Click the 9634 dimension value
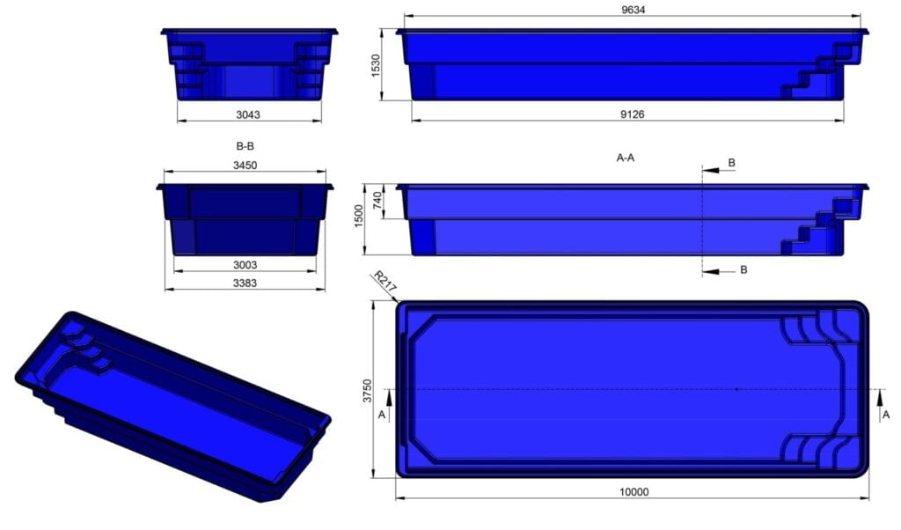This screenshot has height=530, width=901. tap(633, 9)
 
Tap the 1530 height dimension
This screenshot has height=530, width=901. tap(376, 65)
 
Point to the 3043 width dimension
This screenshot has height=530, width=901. tap(248, 114)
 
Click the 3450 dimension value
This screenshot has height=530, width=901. tap(245, 166)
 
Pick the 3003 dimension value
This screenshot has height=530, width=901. tap(245, 263)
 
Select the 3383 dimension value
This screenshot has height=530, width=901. tap(245, 282)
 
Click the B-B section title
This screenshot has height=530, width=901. tap(245, 147)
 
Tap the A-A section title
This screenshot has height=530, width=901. tap(626, 158)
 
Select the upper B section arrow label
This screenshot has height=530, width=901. tap(732, 164)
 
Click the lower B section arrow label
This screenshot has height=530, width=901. tap(744, 269)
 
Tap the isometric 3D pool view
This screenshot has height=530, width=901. tap(172, 405)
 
